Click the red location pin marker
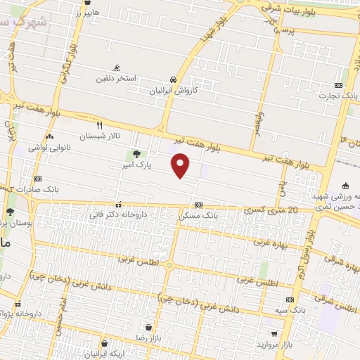coord(181,165)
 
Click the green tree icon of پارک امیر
coord(135,154)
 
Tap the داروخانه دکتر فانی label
coord(118,215)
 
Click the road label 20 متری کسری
coord(264,209)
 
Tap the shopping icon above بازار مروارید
coord(273,334)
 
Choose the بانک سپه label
coord(290,308)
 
